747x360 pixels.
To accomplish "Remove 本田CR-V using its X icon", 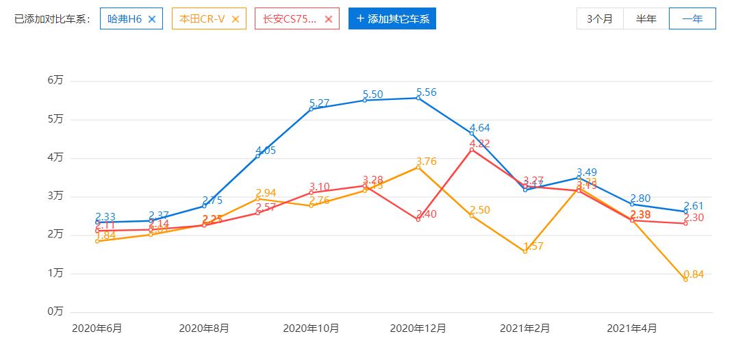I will [x=236, y=19].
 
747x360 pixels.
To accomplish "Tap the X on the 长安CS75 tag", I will [x=329, y=19].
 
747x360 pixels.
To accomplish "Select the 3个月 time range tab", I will [x=600, y=19].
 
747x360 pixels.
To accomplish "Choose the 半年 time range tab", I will [x=646, y=19].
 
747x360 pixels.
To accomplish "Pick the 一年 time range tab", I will [x=692, y=19].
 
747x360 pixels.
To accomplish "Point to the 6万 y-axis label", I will [x=55, y=81].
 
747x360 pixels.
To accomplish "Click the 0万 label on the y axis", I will [x=55, y=312].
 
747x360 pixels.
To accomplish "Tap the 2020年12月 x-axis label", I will [x=418, y=329].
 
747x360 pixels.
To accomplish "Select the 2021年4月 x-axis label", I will [x=632, y=329].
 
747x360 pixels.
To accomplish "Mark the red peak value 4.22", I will [x=480, y=144].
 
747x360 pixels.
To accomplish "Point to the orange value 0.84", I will [x=694, y=274].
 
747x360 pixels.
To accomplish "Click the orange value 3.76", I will [x=426, y=162].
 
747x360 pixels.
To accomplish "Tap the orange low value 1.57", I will [x=533, y=246].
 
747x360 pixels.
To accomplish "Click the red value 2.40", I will [x=427, y=214].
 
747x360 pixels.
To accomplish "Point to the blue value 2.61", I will [x=694, y=206].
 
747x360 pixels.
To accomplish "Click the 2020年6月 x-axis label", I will [x=97, y=329].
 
